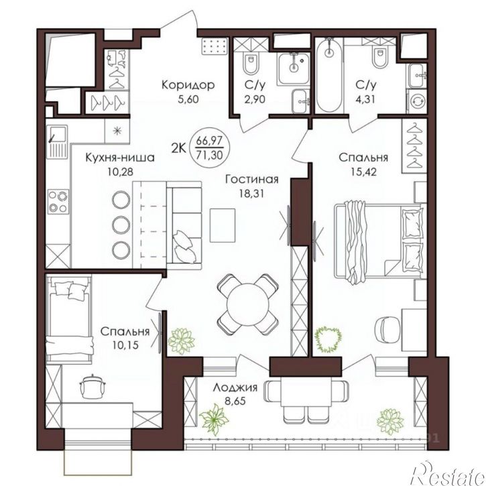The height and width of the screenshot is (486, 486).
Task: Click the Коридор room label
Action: (188, 84)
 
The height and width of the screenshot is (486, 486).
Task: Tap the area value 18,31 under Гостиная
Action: (251, 194)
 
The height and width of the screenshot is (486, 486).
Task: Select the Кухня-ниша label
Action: (120, 158)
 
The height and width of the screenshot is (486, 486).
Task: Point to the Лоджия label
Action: (235, 387)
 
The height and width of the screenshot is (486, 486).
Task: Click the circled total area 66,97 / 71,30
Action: (210, 148)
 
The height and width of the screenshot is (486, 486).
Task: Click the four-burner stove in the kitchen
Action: (58, 202)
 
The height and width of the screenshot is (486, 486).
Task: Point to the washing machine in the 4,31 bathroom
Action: (417, 101)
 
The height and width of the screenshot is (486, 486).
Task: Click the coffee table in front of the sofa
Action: (223, 225)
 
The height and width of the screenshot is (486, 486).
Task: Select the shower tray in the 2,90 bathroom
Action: (294, 69)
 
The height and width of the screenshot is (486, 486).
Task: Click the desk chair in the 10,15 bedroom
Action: (93, 386)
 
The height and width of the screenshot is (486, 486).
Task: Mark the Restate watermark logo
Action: (448, 473)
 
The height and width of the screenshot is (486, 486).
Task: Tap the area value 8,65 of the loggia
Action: (235, 401)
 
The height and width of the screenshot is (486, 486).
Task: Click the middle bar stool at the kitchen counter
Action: (121, 225)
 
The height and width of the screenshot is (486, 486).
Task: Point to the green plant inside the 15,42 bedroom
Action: (328, 339)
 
